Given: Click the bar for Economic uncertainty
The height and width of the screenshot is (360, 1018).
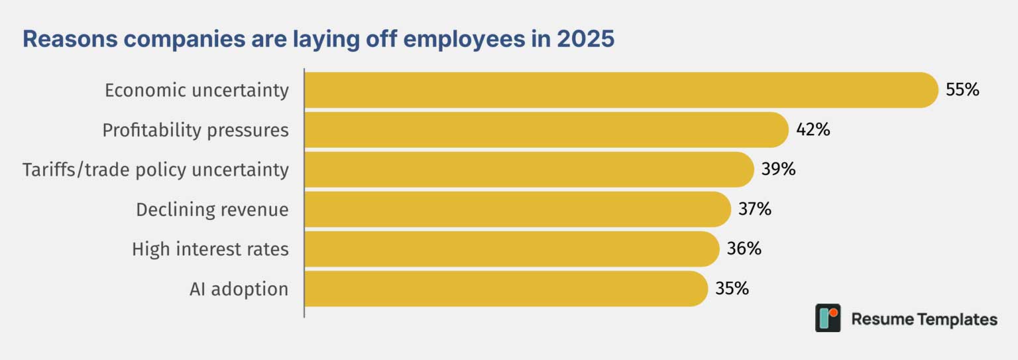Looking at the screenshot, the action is point(621,90).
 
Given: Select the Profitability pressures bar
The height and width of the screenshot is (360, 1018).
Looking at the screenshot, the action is point(546,130).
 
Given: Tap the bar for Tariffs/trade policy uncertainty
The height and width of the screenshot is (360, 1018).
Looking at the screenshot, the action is point(529,170).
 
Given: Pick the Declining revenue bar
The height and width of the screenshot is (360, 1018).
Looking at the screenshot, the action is point(518,209).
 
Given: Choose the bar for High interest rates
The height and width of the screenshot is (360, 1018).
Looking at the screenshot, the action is point(512,249).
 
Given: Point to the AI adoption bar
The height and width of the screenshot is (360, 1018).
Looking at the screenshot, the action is point(506,288).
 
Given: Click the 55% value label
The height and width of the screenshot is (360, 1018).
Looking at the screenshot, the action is point(962,90).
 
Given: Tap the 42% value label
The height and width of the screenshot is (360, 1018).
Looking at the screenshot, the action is point(813,129).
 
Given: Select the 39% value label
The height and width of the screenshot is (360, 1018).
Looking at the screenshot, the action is point(779,169).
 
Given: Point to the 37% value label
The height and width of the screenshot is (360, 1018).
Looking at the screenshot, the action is point(755,209).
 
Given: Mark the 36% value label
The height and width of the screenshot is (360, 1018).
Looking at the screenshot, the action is point(744,249).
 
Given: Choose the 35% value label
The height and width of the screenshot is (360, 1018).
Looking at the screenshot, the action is point(732,288).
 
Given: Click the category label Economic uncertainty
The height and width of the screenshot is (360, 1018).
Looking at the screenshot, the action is point(197,90).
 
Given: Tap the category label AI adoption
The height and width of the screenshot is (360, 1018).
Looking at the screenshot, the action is point(239,289).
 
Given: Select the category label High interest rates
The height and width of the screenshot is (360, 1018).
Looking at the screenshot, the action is point(210,249).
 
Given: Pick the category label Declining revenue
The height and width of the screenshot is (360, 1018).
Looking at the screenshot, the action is point(212,210).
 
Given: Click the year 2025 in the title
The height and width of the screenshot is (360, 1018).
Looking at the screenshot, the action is point(586,38).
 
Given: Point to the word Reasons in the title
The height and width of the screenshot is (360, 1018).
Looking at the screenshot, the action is point(70,38).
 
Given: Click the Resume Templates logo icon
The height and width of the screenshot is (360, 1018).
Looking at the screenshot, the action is point(828,318).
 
